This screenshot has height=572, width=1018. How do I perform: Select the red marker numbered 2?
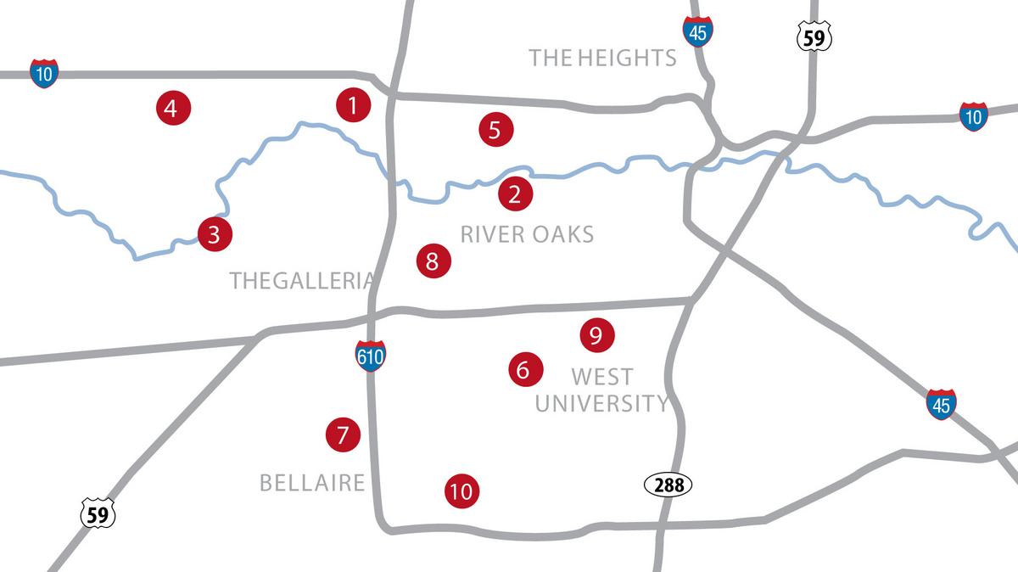[515, 194]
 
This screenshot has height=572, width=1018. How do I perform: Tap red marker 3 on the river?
[214, 233]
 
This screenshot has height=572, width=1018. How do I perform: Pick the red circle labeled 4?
[173, 108]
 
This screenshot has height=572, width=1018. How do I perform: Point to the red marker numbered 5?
[495, 129]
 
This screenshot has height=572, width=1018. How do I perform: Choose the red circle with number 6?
[523, 369]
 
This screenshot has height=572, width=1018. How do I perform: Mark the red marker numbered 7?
[343, 435]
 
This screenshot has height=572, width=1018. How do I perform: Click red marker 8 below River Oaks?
[433, 261]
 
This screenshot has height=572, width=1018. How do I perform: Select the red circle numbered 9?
[596, 335]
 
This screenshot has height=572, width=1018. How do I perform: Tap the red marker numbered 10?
[461, 491]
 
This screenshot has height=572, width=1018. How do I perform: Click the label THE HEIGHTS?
[602, 58]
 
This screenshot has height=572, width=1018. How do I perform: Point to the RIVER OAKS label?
[527, 234]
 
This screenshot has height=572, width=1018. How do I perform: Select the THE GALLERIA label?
[302, 281]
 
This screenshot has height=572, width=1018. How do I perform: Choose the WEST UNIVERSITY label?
[601, 390]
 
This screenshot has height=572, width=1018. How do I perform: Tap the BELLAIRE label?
[311, 483]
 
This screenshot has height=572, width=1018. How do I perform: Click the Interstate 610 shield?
[371, 356]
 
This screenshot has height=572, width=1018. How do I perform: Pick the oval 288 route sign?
[668, 485]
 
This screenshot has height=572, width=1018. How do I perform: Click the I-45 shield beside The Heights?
[697, 31]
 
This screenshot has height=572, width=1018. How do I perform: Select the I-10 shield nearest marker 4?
[44, 74]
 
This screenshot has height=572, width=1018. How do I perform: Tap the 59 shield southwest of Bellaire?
[98, 513]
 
